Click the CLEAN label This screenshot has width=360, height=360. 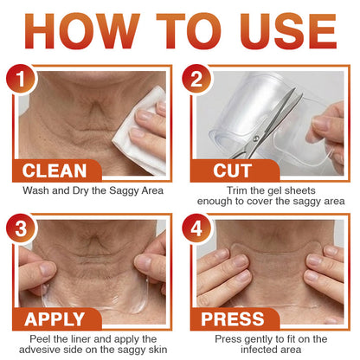tap(67, 170)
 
